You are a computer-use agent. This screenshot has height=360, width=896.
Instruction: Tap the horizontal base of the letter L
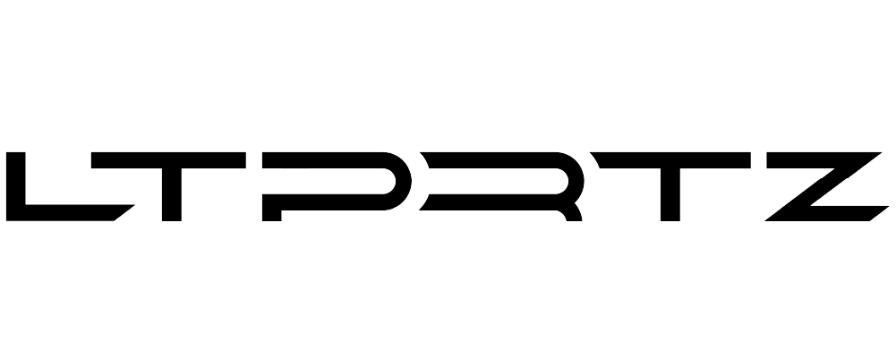(x=69, y=212)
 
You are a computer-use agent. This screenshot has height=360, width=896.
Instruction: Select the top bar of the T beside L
(x=168, y=160)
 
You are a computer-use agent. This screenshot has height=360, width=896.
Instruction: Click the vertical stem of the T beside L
(x=172, y=194)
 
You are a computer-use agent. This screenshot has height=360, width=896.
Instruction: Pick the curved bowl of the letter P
(x=402, y=181)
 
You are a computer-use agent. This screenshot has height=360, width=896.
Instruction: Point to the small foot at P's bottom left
(x=271, y=216)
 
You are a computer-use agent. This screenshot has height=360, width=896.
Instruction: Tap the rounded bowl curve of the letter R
(x=576, y=181)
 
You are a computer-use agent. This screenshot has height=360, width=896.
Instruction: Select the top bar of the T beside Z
(x=670, y=160)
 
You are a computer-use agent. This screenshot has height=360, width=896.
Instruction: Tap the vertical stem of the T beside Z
(x=670, y=194)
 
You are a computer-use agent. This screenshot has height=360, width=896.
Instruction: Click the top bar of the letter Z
(x=823, y=160)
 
